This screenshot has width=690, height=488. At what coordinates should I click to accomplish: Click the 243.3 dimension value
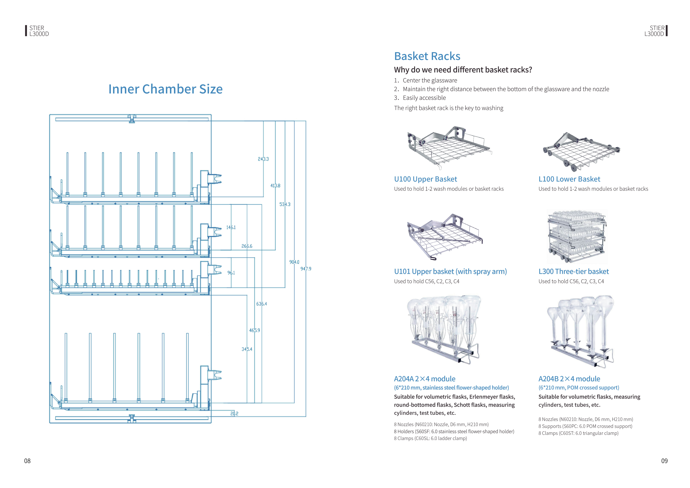tap(263, 159)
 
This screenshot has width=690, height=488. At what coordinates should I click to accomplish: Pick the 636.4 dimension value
tap(261, 304)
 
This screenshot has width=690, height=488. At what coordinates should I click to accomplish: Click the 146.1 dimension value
tap(231, 227)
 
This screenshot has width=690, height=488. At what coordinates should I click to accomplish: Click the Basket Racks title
tap(427, 56)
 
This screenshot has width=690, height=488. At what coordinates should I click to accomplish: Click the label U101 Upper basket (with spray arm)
tap(450, 272)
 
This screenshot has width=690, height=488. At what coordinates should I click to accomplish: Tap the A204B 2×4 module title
tap(569, 379)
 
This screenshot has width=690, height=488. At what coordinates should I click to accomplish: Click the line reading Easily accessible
tap(424, 98)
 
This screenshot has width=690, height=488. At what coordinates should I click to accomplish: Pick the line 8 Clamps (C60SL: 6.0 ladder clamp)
tap(430, 438)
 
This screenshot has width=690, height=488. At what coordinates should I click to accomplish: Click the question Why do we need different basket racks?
tap(463, 70)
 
